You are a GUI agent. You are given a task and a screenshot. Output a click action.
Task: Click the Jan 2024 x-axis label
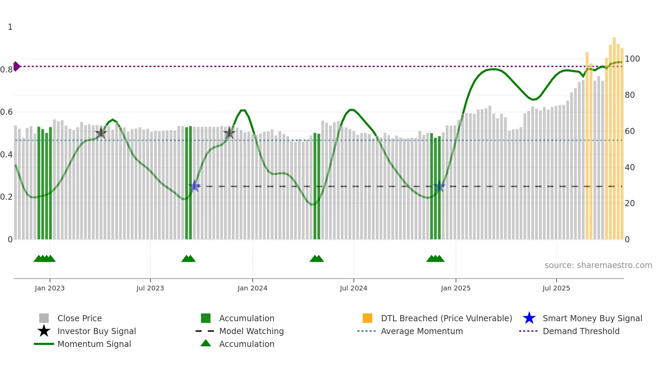coord(252,288)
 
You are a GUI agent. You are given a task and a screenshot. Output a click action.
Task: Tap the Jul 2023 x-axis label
coord(150,288)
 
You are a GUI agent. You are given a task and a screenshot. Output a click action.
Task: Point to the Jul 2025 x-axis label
coord(556,288)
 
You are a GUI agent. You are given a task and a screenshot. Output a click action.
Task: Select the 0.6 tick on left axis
coord(6,112)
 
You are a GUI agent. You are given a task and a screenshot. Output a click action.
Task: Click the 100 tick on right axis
coord(632,59)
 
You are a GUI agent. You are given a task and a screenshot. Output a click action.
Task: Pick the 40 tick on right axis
coord(630,167)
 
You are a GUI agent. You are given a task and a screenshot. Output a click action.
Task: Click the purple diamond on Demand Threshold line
coord(16,66)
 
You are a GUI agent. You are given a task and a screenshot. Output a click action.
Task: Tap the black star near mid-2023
coord(101,133)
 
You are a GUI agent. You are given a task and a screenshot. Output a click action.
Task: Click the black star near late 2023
coord(229,133)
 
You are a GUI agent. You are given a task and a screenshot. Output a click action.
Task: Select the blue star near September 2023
coord(195,186)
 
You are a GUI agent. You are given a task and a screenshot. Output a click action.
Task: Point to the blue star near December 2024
coord(439,186)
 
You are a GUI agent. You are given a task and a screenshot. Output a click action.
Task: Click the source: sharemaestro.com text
coord(598,265)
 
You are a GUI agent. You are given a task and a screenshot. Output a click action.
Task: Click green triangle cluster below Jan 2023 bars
coord(44,259)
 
